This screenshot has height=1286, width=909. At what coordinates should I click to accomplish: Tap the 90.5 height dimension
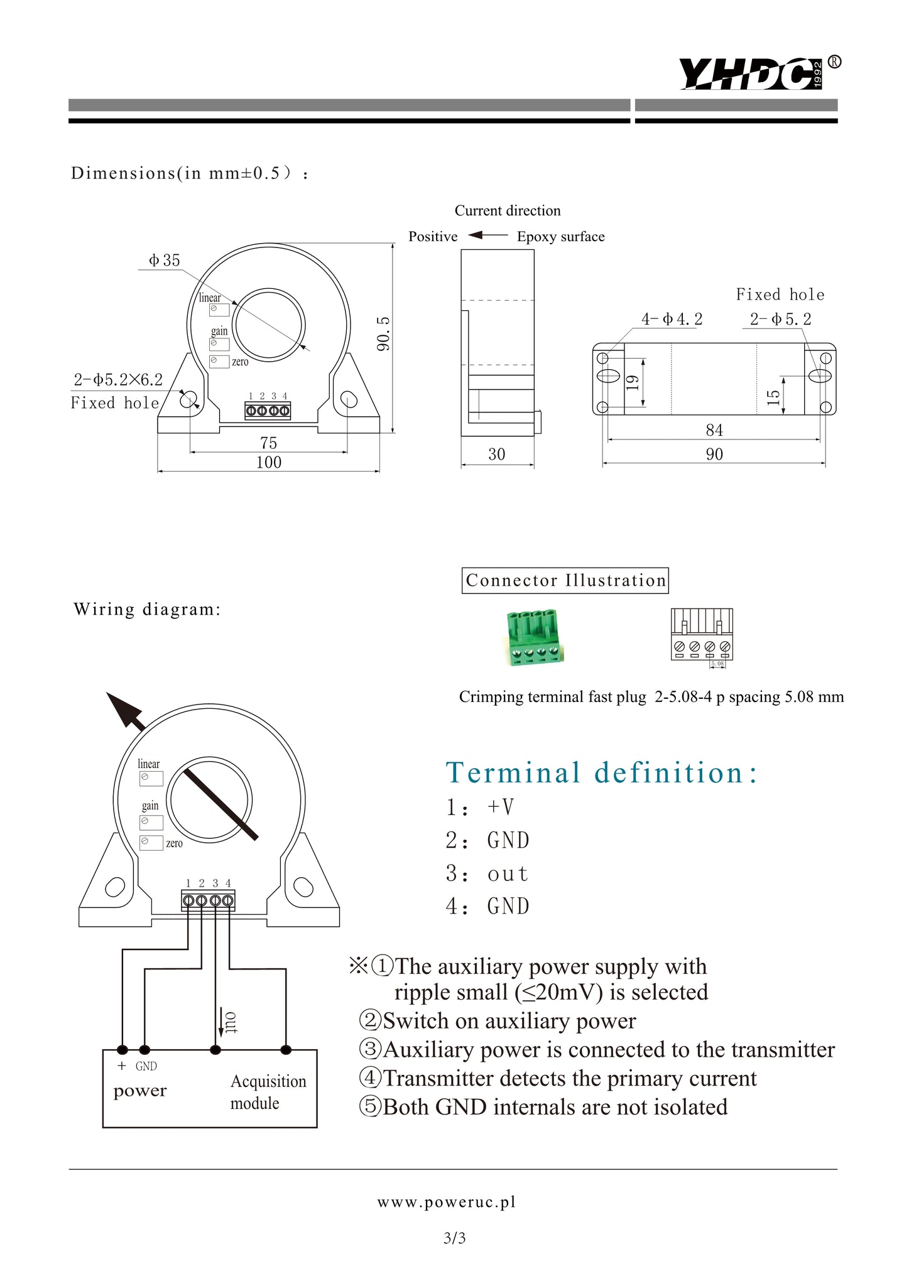pos(383,333)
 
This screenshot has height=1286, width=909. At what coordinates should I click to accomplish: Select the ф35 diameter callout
pos(165,261)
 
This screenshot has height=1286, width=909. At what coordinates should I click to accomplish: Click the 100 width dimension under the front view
pos(269,463)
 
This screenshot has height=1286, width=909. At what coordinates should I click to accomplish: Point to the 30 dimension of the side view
pos(497,455)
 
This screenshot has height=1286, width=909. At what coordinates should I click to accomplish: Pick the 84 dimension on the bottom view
pos(714,431)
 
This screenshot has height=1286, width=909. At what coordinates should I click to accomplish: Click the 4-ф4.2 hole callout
pos(672,320)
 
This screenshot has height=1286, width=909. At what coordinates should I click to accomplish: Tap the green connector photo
pos(533,637)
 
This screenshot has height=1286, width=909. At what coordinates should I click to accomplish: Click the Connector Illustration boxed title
pos(565,581)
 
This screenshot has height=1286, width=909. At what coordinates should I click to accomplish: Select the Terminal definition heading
pos(602,773)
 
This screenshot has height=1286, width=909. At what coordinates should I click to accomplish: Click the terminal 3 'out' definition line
pos(487,874)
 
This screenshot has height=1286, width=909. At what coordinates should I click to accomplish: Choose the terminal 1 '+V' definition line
pos(481,808)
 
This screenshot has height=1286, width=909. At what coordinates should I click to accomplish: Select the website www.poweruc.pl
pos(446,1202)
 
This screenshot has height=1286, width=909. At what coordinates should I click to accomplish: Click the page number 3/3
pos(454,1238)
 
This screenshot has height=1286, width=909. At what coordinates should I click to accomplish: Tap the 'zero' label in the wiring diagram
pos(175,843)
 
